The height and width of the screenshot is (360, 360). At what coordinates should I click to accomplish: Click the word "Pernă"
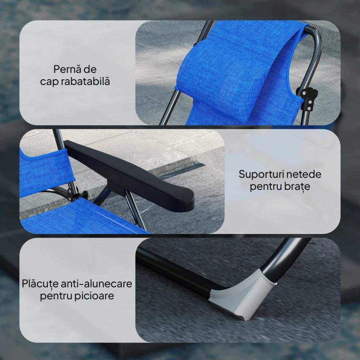(x=65, y=69)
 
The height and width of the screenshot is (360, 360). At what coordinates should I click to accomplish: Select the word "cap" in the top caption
(x=49, y=82)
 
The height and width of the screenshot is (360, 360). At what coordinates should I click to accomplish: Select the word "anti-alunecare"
(x=97, y=284)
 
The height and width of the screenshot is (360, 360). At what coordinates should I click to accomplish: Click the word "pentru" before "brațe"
(x=266, y=187)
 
